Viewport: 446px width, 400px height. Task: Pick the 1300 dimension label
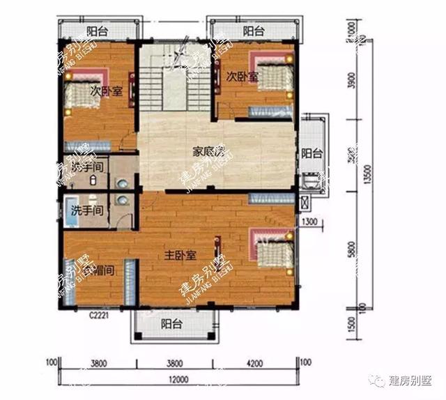(x=311, y=222)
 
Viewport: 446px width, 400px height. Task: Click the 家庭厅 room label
(x=207, y=151)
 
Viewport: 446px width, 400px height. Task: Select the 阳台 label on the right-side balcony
(x=312, y=154)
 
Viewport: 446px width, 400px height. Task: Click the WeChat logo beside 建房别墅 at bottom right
(x=379, y=380)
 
